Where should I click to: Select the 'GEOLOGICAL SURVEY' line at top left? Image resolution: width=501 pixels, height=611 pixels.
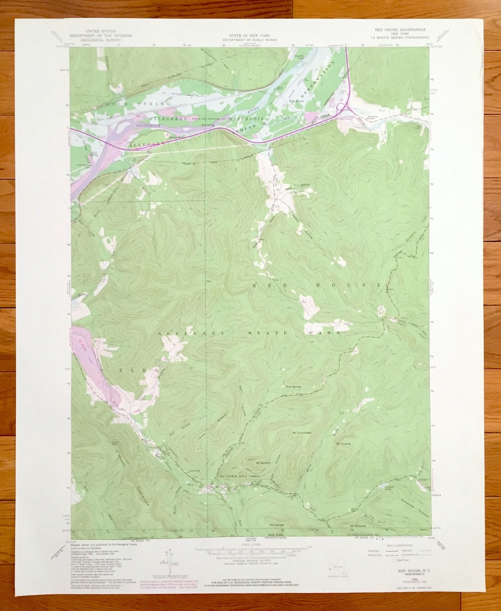pyautogui.click(x=101, y=40)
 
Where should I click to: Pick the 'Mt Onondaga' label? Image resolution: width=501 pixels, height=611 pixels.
pyautogui.click(x=302, y=432)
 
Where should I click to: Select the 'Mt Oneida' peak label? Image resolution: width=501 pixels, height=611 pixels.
pyautogui.click(x=343, y=444)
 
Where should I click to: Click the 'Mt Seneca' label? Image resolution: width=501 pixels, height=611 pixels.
pyautogui.click(x=263, y=463)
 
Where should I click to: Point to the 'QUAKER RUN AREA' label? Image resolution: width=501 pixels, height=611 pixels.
pyautogui.click(x=240, y=476)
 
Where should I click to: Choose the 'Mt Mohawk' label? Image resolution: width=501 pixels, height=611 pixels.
pyautogui.click(x=359, y=525)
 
